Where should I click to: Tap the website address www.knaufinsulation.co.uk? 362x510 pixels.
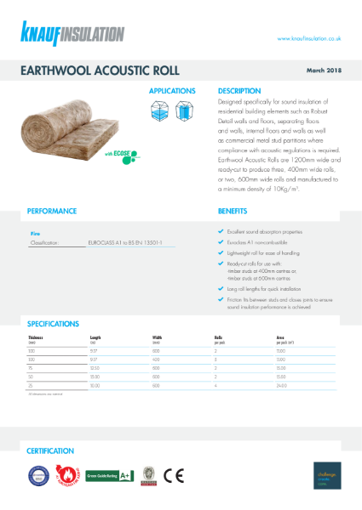pyautogui.click(x=309, y=38)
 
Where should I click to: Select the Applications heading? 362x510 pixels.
pyautogui.click(x=172, y=90)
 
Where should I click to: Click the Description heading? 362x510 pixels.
pyautogui.click(x=238, y=90)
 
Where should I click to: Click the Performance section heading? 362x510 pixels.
pyautogui.click(x=52, y=210)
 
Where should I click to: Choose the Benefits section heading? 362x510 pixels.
pyautogui.click(x=233, y=210)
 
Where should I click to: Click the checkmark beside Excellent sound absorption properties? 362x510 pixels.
pyautogui.click(x=221, y=231)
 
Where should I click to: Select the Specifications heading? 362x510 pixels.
pyautogui.click(x=55, y=323)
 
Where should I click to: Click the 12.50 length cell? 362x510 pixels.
pyautogui.click(x=95, y=368)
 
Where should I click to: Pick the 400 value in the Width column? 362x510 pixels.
pyautogui.click(x=156, y=360)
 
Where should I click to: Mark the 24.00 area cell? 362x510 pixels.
pyautogui.click(x=281, y=383)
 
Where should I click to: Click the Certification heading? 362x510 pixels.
pyautogui.click(x=50, y=450)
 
